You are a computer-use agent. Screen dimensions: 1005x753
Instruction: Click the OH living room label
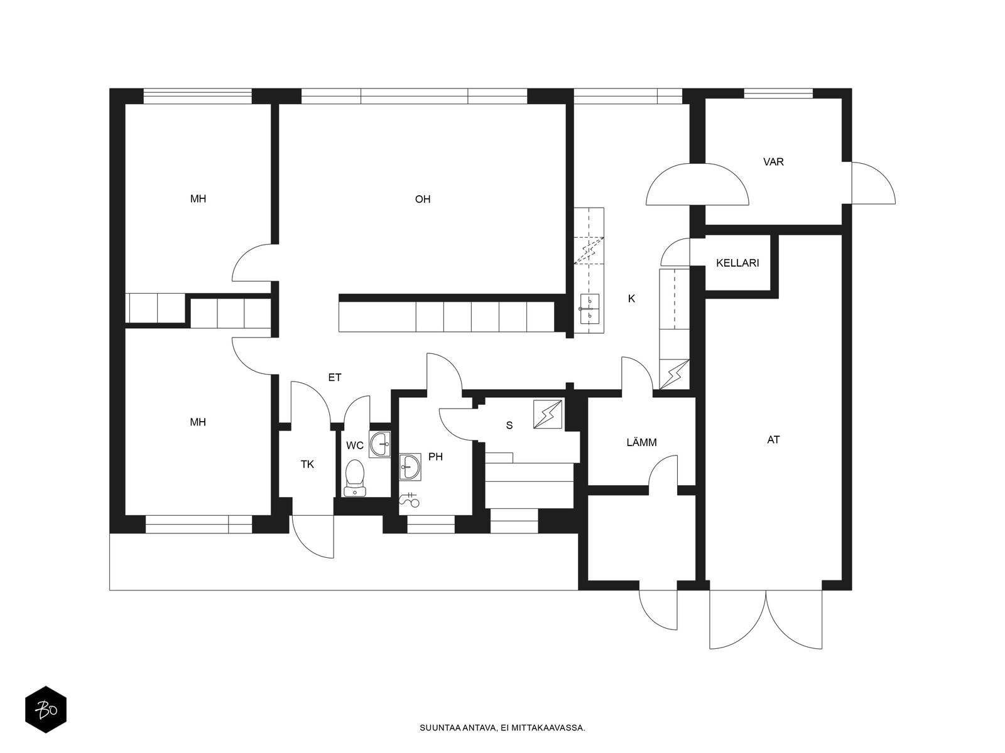pyautogui.click(x=422, y=200)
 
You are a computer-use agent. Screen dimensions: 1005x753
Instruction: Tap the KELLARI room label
pyautogui.click(x=737, y=264)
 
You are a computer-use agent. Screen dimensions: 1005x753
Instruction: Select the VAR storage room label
pyautogui.click(x=773, y=162)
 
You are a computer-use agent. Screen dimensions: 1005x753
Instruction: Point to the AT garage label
pyautogui.click(x=773, y=440)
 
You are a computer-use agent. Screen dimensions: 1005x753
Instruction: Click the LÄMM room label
pyautogui.click(x=641, y=442)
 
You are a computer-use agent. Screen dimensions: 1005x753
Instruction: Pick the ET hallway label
pyautogui.click(x=335, y=377)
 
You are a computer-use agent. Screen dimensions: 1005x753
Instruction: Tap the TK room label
pyautogui.click(x=307, y=464)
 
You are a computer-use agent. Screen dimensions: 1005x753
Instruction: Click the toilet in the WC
pyautogui.click(x=354, y=478)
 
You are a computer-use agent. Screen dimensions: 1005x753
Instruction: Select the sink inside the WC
pyautogui.click(x=379, y=444)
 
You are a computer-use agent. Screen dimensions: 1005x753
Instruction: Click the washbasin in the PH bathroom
pyautogui.click(x=410, y=467)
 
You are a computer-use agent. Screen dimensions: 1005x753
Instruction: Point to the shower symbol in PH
pyautogui.click(x=409, y=499)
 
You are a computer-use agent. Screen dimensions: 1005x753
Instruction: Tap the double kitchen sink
pyautogui.click(x=589, y=309)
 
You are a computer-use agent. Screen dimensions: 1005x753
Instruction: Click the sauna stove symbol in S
pyautogui.click(x=548, y=414)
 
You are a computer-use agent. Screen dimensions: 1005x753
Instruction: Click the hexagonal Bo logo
pyautogui.click(x=46, y=710)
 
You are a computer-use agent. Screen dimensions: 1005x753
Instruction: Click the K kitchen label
pyautogui.click(x=631, y=299)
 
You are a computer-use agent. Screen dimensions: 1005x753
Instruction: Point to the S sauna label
pyautogui.click(x=509, y=425)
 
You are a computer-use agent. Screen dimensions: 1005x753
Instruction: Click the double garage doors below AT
pyautogui.click(x=766, y=619)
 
